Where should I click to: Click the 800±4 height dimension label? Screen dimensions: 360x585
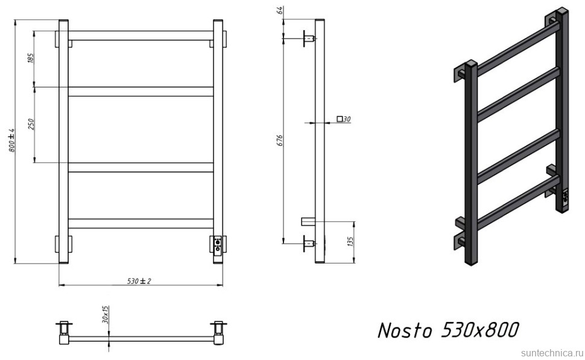tap(11, 141)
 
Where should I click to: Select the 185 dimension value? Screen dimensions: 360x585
tap(31, 58)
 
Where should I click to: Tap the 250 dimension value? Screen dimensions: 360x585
tap(31, 124)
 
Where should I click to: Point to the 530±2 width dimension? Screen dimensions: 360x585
tap(139, 281)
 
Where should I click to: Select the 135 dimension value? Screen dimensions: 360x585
tap(350, 242)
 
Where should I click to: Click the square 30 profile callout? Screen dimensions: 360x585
tap(343, 119)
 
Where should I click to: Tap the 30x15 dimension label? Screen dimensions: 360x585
tap(106, 315)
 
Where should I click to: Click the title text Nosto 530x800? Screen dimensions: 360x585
tap(447, 330)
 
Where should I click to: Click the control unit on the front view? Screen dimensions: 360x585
tap(218, 244)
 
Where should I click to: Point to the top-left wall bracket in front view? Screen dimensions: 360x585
tap(63, 38)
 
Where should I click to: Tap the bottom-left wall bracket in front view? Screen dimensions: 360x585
tap(63, 245)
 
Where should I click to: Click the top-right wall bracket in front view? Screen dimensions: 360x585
tap(218, 38)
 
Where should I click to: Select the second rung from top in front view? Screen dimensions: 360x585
tap(141, 92)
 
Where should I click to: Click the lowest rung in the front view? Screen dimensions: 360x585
tap(141, 223)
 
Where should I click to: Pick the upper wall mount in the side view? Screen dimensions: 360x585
tap(307, 39)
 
